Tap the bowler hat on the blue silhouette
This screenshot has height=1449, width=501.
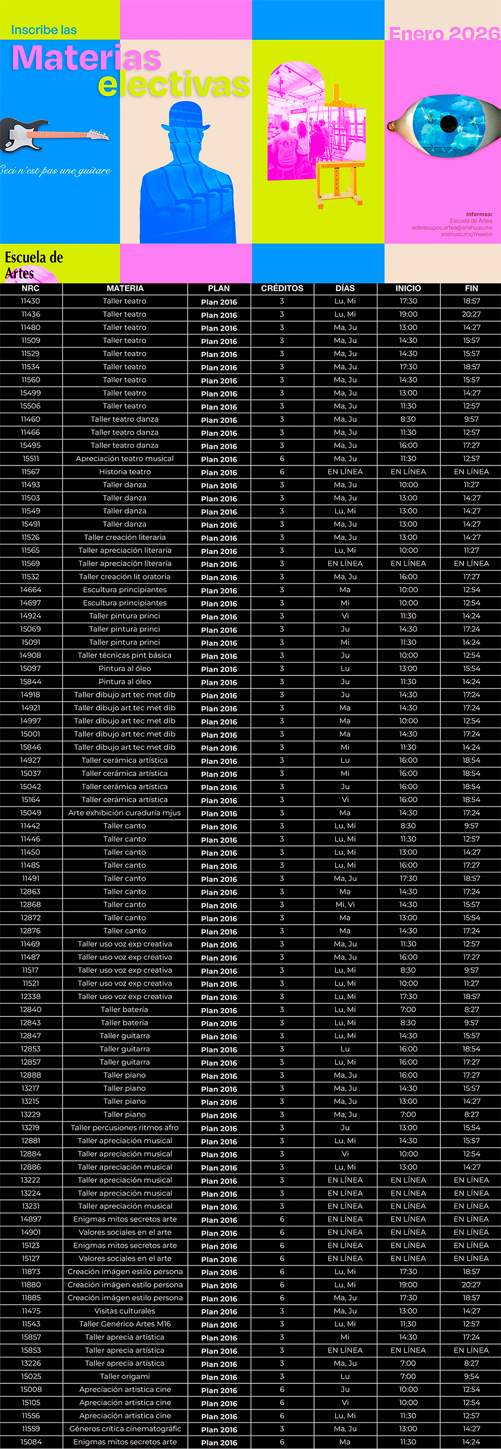(x=186, y=115)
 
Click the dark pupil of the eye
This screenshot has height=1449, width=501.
(x=449, y=123)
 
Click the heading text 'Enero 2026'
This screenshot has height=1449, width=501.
(x=444, y=34)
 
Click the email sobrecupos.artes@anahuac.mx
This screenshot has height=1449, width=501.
(x=451, y=228)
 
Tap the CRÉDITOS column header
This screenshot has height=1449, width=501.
(x=282, y=289)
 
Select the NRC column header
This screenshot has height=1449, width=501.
(x=30, y=289)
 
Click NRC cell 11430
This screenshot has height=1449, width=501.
(x=30, y=301)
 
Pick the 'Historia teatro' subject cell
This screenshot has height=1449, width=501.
(x=125, y=472)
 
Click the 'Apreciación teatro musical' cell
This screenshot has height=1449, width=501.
(x=125, y=459)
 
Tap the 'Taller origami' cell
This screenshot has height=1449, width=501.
(x=125, y=1377)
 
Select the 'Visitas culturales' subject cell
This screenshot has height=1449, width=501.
(x=125, y=1311)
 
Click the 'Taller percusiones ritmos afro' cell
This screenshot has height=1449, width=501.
(x=125, y=1127)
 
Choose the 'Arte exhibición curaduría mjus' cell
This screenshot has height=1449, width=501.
(x=125, y=813)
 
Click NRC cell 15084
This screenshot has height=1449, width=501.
(x=30, y=1442)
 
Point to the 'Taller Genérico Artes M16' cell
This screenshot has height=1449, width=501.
(x=125, y=1324)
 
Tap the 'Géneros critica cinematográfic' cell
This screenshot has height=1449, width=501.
(x=125, y=1429)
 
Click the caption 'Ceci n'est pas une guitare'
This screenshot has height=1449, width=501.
(x=55, y=170)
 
